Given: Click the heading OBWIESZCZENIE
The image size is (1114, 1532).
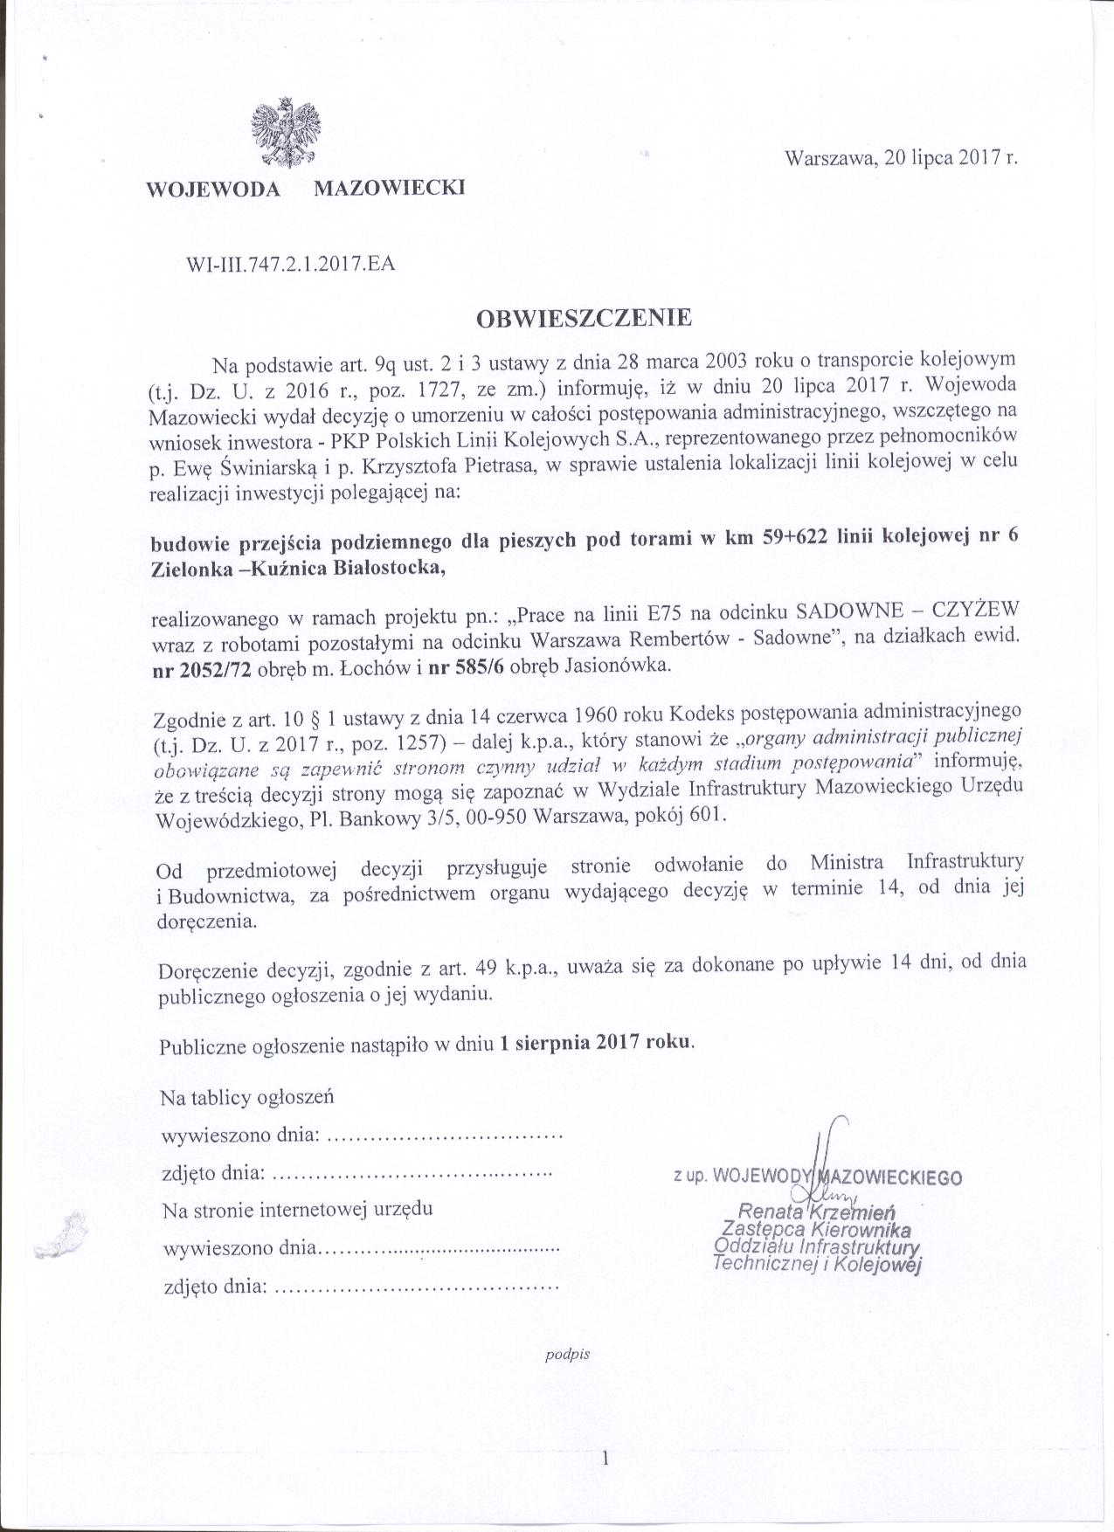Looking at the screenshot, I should [x=584, y=317].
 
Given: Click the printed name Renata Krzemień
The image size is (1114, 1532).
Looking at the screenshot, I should [x=817, y=1211].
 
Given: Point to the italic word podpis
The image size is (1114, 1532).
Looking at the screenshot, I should [x=568, y=1355].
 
